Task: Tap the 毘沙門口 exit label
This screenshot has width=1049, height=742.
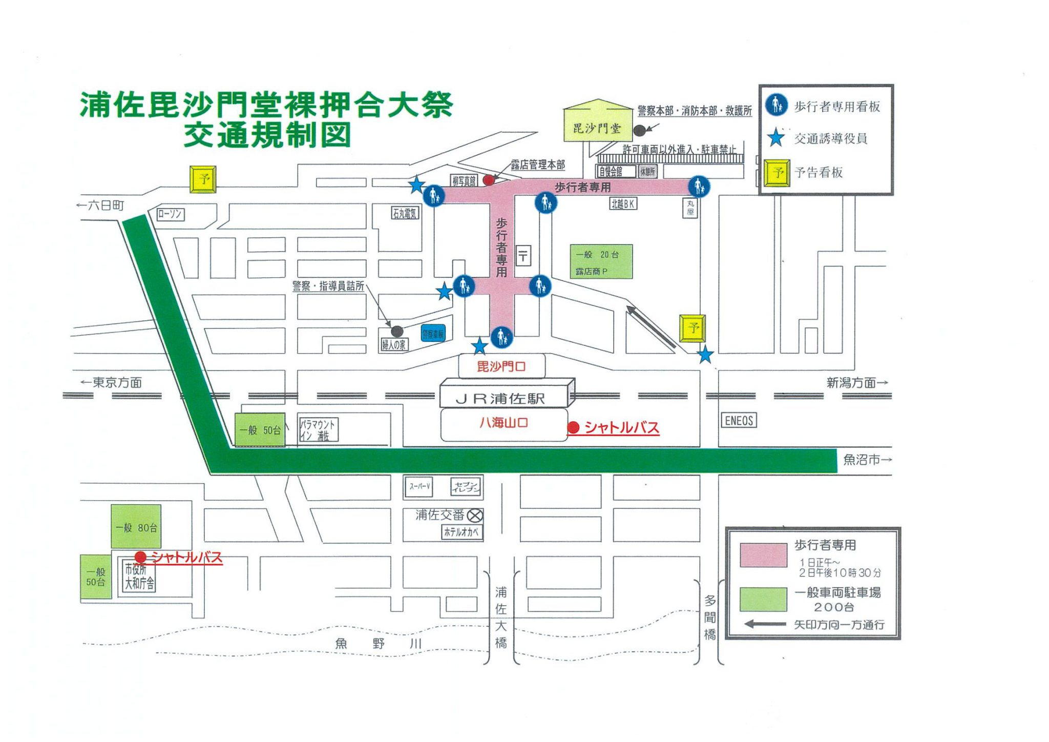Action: [501, 366]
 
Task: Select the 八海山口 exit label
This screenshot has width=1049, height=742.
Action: [503, 423]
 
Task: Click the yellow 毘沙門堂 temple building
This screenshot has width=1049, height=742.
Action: [597, 128]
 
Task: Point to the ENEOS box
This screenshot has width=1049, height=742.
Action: [739, 421]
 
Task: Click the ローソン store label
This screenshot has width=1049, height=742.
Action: [170, 214]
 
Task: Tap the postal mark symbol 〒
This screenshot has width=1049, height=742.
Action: [523, 256]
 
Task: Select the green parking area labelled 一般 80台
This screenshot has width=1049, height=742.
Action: [136, 527]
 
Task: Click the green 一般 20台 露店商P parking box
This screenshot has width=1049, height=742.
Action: [601, 262]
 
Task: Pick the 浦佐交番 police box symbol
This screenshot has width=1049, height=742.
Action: [475, 516]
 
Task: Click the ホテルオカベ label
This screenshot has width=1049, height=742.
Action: [461, 532]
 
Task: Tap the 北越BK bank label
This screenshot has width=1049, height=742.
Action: [623, 204]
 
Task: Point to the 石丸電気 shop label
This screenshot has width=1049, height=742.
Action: [405, 213]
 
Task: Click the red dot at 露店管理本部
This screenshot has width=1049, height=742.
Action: [489, 180]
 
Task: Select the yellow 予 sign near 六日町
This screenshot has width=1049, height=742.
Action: [203, 179]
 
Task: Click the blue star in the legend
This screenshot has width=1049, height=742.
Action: [776, 138]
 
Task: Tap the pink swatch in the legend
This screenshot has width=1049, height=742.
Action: [763, 555]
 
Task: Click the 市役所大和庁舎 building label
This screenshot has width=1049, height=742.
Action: [139, 576]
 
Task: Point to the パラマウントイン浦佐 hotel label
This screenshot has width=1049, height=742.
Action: [318, 430]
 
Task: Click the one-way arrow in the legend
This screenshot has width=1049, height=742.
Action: [765, 624]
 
